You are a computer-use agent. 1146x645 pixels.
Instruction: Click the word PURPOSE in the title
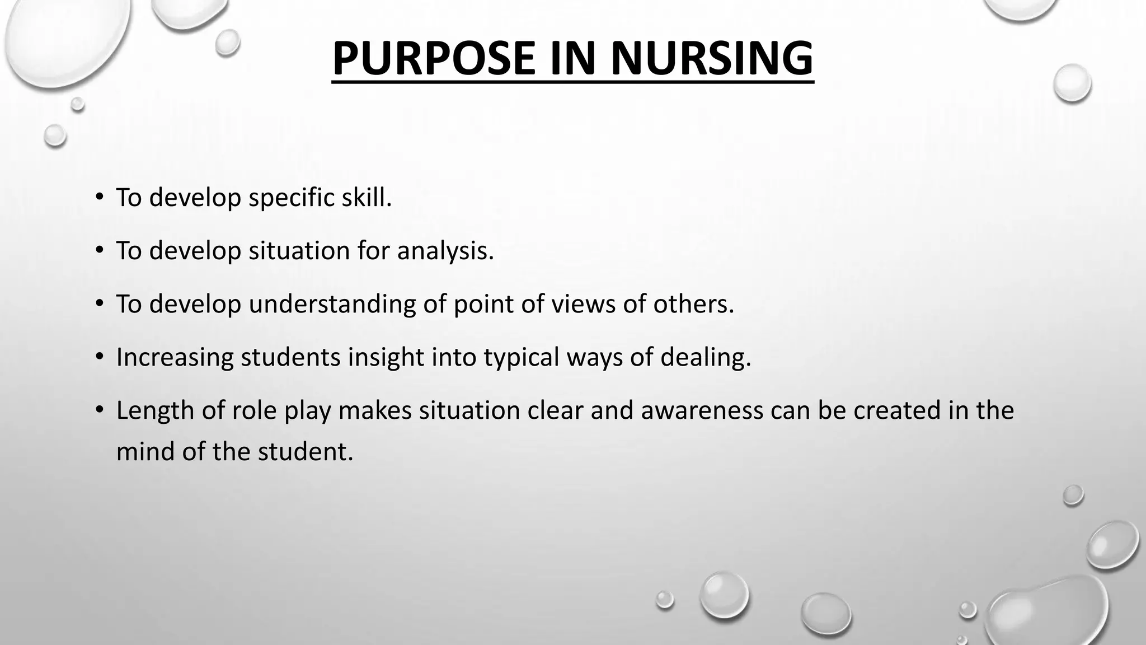[435, 58]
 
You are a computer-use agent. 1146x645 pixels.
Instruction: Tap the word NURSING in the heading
[711, 58]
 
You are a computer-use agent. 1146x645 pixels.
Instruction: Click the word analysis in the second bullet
[445, 250]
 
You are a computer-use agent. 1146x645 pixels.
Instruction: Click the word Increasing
[175, 357]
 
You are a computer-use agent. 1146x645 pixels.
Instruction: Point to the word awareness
[702, 410]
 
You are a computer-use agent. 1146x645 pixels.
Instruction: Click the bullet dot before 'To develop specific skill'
[99, 198]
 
